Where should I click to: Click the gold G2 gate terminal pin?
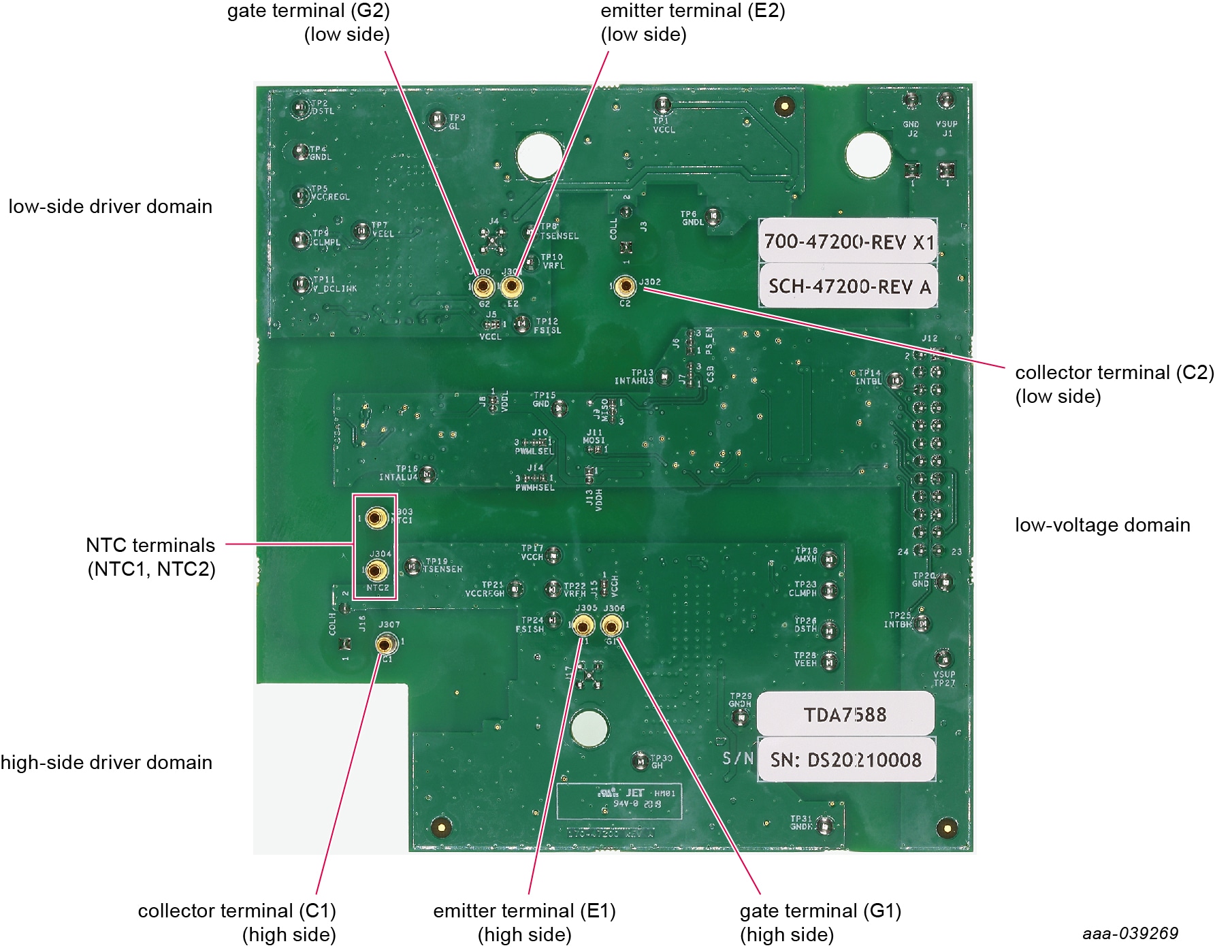(482, 287)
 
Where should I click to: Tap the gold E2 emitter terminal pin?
(511, 287)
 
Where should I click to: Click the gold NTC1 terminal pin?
(376, 519)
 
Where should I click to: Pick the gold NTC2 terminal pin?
(377, 570)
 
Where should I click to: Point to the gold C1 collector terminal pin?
(386, 643)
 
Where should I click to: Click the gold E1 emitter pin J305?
(583, 625)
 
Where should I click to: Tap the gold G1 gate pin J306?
(612, 625)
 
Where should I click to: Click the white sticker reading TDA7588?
(845, 715)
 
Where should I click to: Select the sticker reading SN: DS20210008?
(845, 759)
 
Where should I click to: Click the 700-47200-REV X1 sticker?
(848, 242)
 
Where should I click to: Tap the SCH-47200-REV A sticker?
(848, 286)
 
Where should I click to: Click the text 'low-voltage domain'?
(1102, 525)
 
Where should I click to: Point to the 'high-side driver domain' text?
(107, 762)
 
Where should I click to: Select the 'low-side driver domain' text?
(110, 206)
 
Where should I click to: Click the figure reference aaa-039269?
(1130, 932)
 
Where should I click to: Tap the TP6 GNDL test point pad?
(713, 218)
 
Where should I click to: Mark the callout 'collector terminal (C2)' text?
(1114, 373)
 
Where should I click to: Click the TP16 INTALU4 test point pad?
(427, 474)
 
